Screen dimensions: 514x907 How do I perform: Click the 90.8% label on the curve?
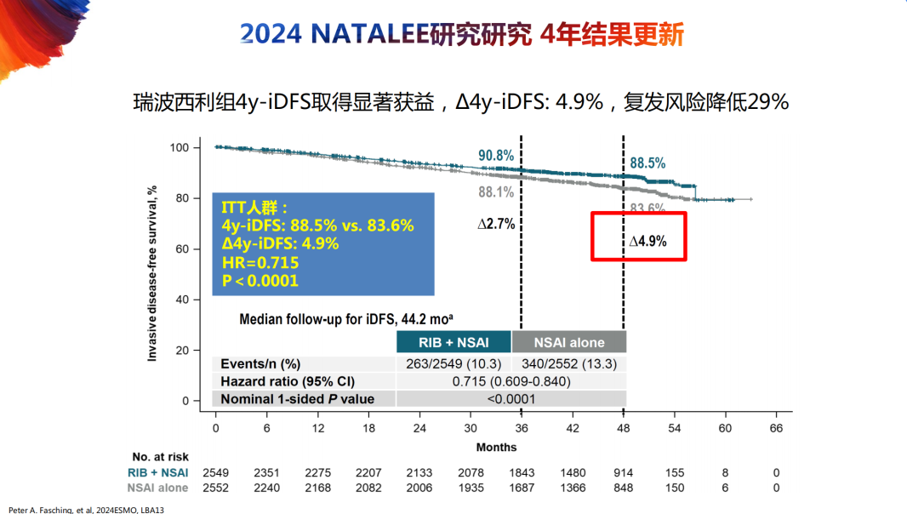click(x=496, y=156)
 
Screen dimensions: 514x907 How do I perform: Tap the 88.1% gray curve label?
click(x=496, y=192)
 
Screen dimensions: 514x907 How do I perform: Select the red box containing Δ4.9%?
click(x=639, y=237)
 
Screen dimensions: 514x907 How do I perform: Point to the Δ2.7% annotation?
click(x=496, y=225)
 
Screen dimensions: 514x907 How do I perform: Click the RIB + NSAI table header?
click(x=453, y=342)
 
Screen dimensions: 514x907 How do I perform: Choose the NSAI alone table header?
click(x=569, y=342)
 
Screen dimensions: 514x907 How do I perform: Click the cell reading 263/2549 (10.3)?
click(x=453, y=363)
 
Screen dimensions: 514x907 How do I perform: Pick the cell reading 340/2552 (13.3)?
click(x=568, y=363)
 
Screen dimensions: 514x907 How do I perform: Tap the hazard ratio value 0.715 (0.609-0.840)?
click(x=511, y=380)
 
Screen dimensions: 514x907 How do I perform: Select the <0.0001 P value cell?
click(x=511, y=398)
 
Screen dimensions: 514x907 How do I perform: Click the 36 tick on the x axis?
click(x=522, y=428)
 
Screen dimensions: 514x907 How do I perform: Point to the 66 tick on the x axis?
click(x=776, y=428)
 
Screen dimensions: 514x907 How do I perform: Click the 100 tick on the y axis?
click(x=178, y=148)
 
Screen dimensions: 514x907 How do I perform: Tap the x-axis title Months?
click(x=496, y=447)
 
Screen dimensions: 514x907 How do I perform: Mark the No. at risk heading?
click(x=160, y=457)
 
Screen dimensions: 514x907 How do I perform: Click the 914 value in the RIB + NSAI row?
click(x=623, y=472)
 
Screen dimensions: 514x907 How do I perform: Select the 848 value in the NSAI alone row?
click(x=623, y=488)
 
